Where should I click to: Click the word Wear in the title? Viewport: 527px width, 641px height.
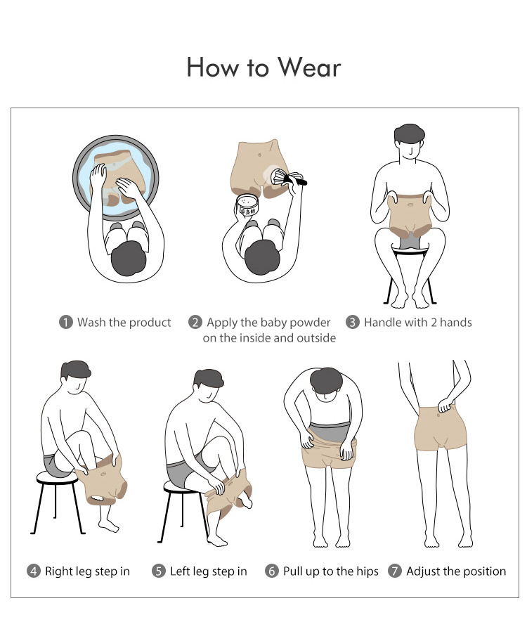[x=309, y=67]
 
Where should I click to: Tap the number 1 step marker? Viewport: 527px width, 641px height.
[x=66, y=322]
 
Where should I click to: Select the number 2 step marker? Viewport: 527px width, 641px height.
[x=195, y=322]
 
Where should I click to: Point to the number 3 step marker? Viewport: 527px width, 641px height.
[x=353, y=322]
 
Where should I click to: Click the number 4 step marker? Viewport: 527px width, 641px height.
[x=34, y=571]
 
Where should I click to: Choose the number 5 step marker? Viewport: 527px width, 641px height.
[x=159, y=571]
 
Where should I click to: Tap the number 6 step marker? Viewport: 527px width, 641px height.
[x=271, y=571]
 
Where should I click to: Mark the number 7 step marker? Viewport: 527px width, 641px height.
[x=394, y=571]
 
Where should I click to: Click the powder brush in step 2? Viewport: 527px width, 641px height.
[x=287, y=177]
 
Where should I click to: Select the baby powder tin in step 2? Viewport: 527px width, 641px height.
[x=247, y=205]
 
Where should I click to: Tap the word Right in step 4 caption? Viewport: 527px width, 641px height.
[x=56, y=571]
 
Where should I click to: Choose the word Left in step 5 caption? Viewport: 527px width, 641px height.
[x=179, y=571]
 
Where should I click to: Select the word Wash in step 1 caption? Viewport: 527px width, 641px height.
[x=91, y=322]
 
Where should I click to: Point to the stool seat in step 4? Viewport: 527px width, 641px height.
[x=57, y=477]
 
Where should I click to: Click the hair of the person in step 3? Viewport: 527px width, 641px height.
[x=409, y=134]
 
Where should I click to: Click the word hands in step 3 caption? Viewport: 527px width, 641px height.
[x=456, y=322]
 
